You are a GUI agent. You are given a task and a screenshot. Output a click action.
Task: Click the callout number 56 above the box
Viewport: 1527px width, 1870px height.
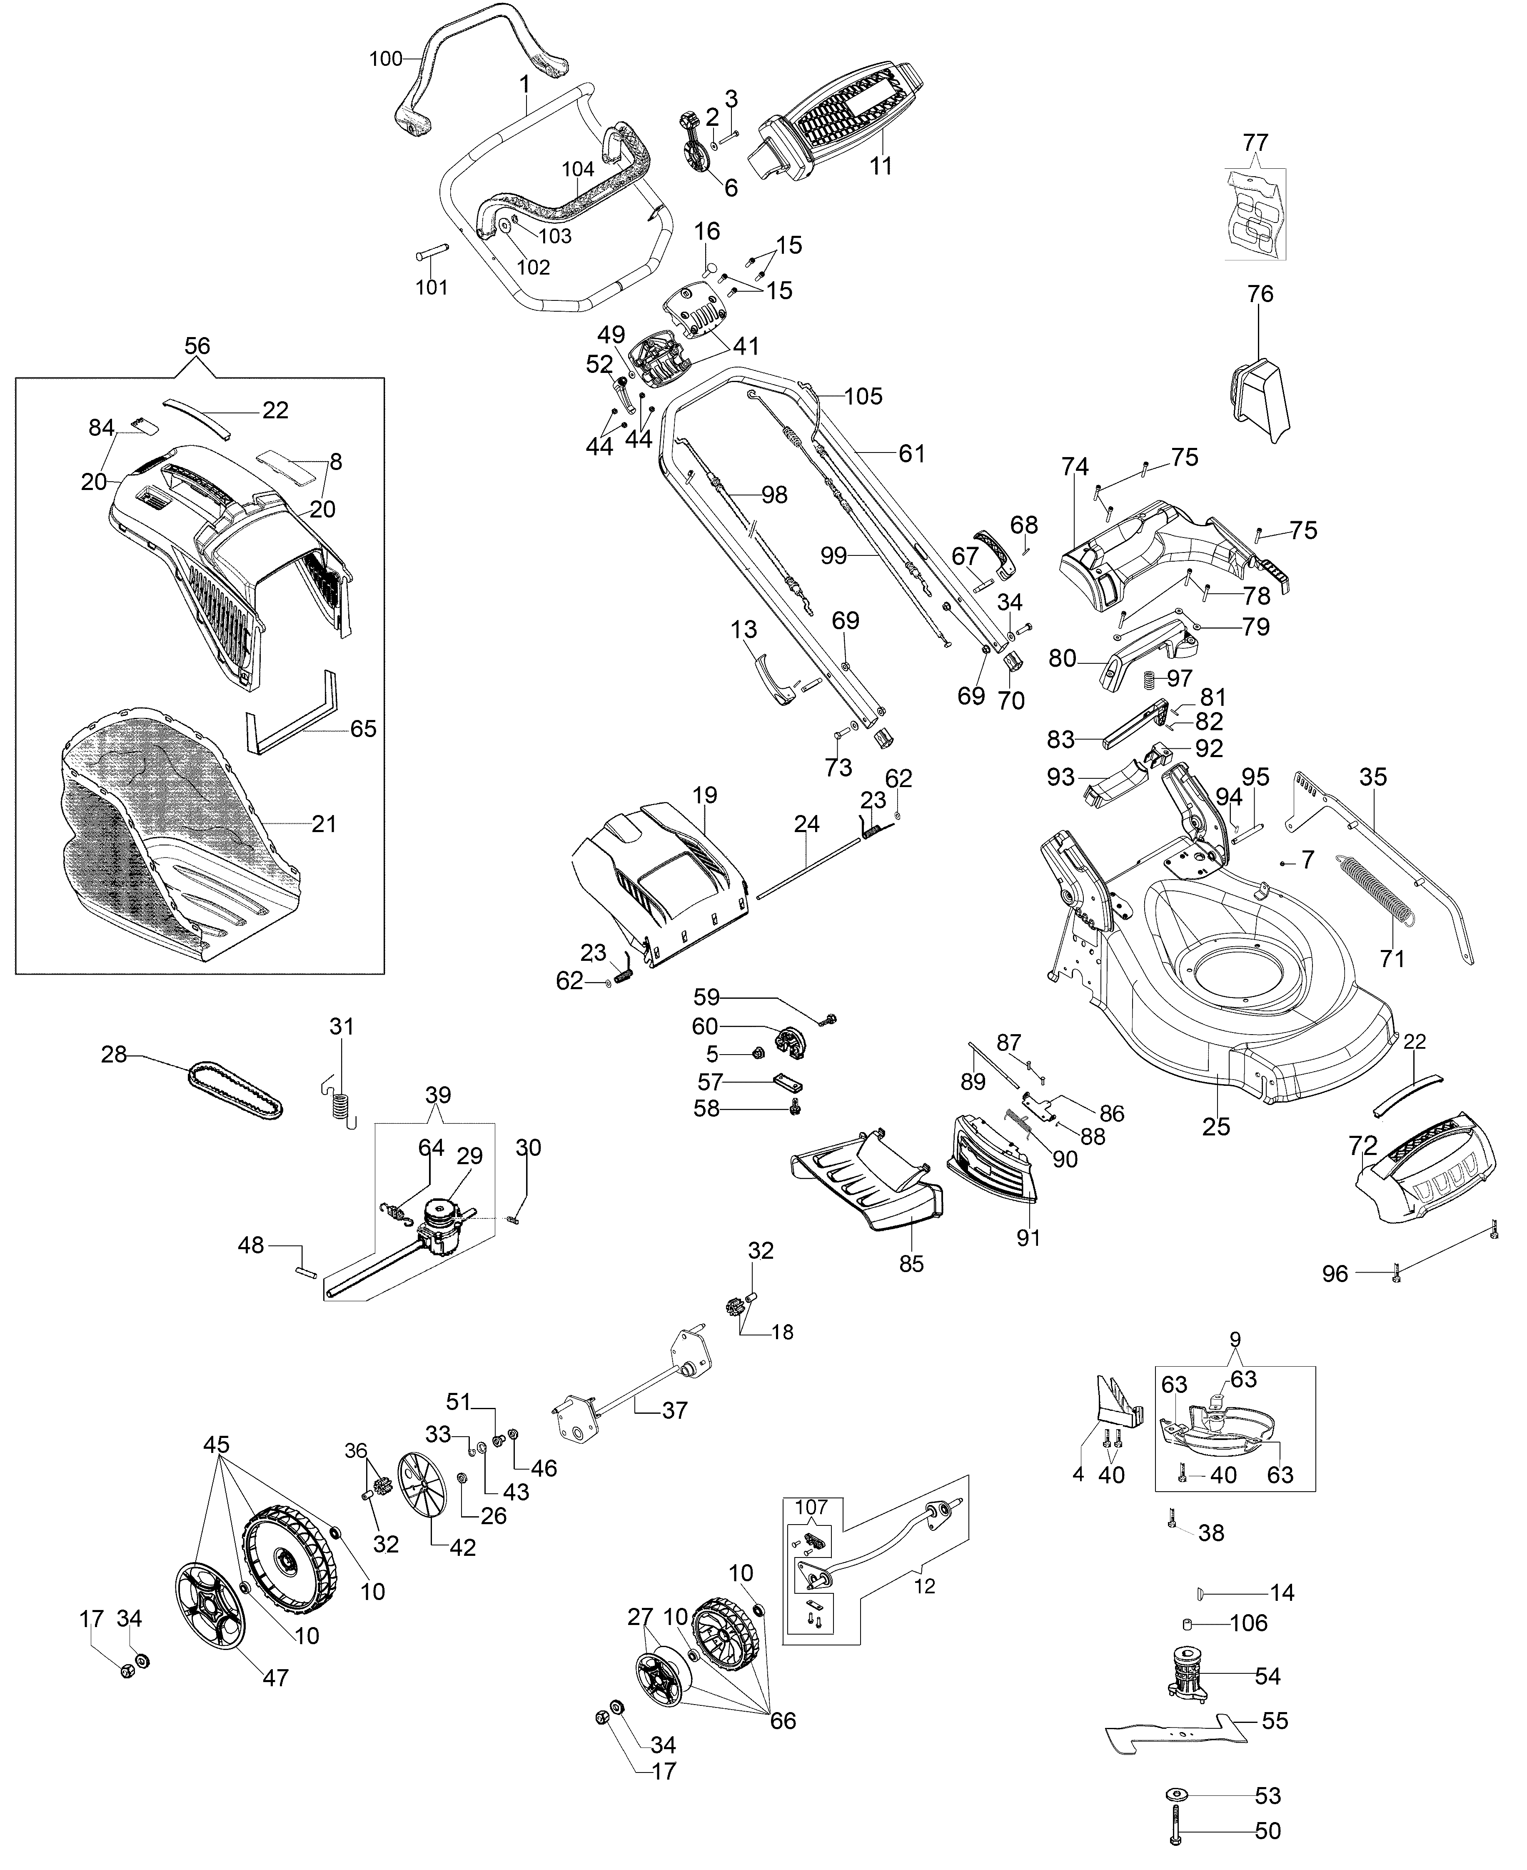[197, 346]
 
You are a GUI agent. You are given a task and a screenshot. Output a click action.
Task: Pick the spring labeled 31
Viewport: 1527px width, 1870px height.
[340, 1095]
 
